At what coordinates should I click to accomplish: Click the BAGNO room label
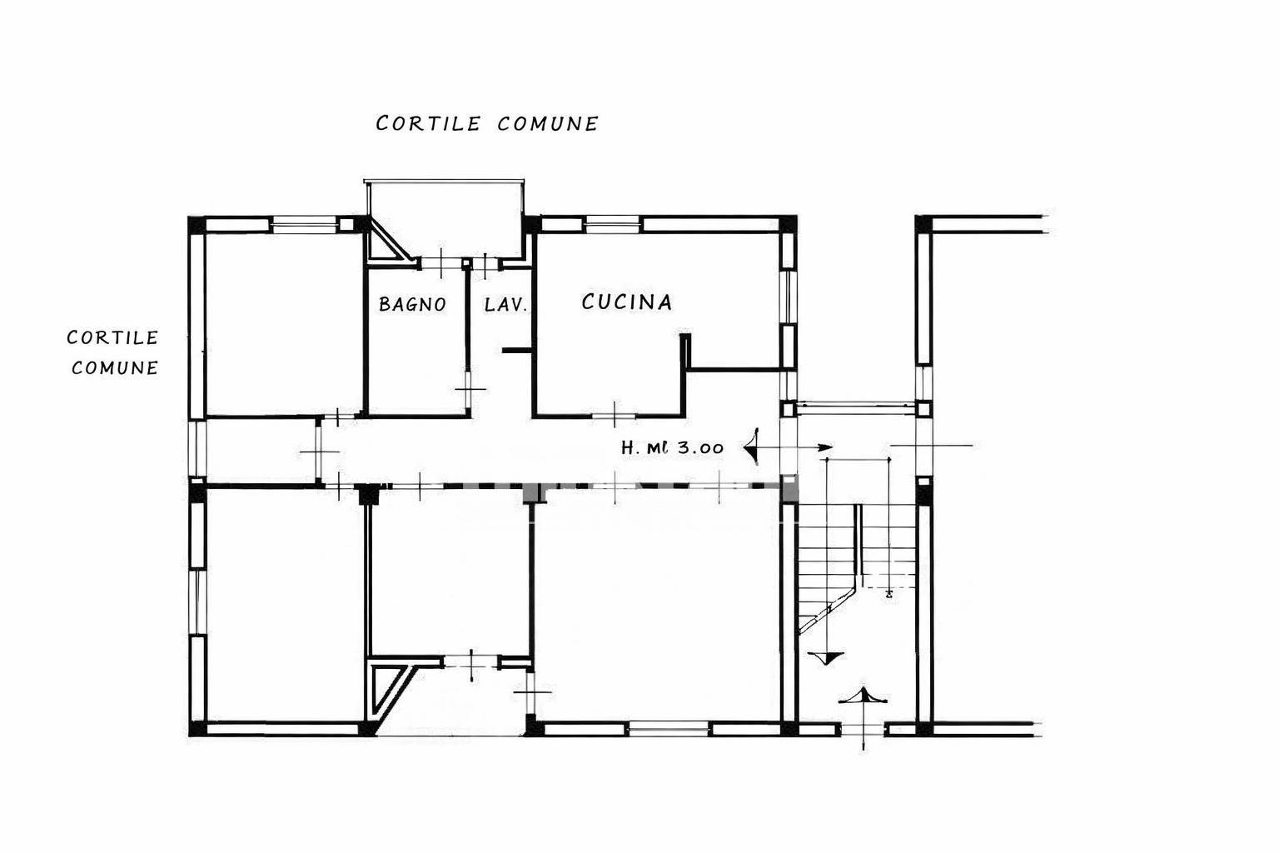point(412,304)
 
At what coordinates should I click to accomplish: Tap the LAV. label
point(505,305)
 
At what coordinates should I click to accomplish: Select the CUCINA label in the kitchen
point(626,302)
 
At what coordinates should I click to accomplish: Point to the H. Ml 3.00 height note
point(672,447)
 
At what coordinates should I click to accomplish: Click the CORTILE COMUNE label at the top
point(487,123)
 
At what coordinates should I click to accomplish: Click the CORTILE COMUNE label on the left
point(112,352)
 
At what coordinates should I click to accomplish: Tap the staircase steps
point(857,566)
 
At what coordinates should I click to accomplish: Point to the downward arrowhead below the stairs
point(826,657)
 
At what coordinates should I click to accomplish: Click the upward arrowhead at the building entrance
point(863,696)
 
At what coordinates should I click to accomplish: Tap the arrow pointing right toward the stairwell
point(795,447)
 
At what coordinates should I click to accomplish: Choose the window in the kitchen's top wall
point(612,224)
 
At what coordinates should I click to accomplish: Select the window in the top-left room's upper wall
point(304,224)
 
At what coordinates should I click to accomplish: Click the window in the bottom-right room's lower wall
point(669,729)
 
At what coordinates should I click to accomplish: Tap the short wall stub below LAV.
point(516,350)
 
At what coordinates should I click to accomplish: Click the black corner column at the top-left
point(197,224)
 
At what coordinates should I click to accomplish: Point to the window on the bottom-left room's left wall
point(197,601)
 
